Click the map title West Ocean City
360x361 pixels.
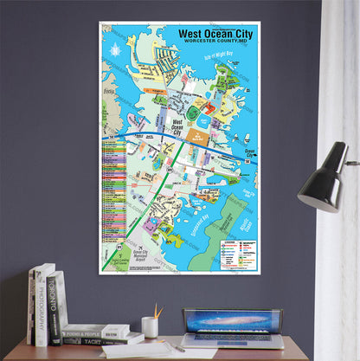[213, 34]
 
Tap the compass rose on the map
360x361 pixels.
[115, 50]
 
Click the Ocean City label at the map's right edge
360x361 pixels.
[249, 152]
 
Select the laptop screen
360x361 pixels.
[232, 320]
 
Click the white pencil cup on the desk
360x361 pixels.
[150, 327]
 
